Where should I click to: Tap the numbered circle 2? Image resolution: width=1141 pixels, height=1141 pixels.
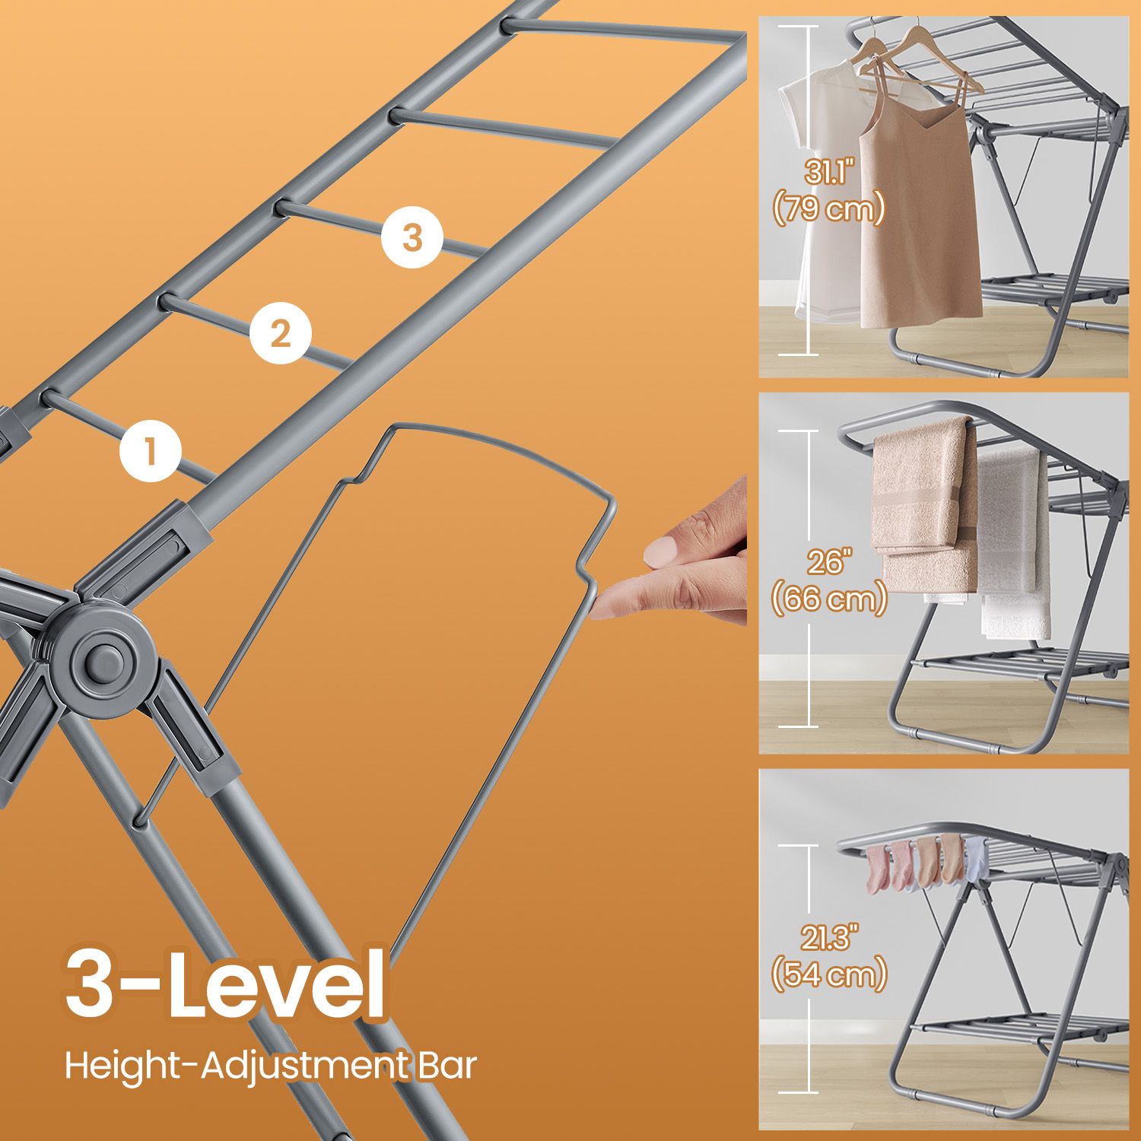coord(281,332)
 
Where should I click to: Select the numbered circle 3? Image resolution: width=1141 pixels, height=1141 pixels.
coord(412,237)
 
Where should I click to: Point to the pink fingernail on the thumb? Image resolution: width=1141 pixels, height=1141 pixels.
coord(661,551)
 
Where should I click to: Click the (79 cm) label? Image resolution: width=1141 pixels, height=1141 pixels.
coord(829,208)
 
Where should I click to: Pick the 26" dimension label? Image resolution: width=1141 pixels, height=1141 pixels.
coord(828,563)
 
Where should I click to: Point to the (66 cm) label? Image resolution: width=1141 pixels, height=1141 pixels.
coord(829,599)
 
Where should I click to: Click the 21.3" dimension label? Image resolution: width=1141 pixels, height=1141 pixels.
coord(829,939)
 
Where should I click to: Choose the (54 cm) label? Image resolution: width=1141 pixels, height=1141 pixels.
coord(829,974)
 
